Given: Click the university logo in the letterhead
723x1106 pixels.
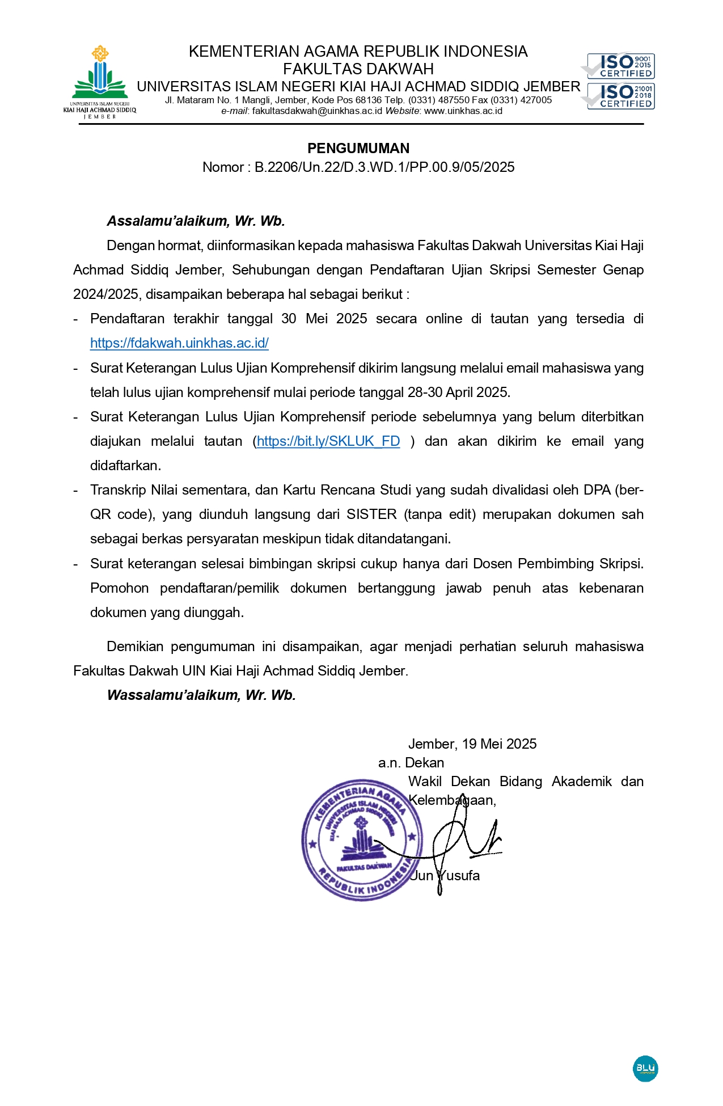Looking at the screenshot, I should pos(100,81).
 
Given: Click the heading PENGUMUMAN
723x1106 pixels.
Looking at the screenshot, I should pos(358,149).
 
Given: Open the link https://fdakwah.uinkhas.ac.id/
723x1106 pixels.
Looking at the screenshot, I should pos(179,343).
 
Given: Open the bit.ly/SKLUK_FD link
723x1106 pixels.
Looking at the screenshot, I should pos(328,441).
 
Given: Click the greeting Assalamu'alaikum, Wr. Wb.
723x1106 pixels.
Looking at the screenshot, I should pos(196,221).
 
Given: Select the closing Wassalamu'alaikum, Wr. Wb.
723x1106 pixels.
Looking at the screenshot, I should pos(201,695).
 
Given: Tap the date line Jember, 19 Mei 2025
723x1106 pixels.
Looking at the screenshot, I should pos(472,744).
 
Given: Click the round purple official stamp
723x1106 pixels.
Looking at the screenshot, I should pos(361,839).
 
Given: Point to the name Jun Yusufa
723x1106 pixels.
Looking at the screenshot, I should pos(445,876).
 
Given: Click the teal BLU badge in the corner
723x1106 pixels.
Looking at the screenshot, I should pos(645,1069).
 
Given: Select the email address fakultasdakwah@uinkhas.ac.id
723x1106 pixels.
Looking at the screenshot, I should pos(317,111).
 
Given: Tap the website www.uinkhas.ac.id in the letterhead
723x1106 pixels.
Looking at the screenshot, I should pos(463,111).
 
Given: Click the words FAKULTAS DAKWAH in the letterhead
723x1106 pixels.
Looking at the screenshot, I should pos(358,69).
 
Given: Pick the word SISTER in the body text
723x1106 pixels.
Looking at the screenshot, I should pos(371,514).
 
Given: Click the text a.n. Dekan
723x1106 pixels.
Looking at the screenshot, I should pos(411,763).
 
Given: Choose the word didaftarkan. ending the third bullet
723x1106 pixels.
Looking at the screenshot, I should pos(125,466).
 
